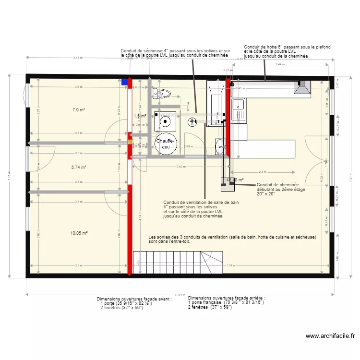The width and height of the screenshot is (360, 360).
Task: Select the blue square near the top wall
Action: tap(125, 82)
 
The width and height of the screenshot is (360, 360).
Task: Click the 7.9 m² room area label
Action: tap(79, 109)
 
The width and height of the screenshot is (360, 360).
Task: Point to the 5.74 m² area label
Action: tap(79, 167)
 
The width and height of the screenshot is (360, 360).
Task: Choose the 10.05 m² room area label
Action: tap(79, 233)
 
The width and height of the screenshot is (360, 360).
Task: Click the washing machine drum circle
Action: tap(165, 120)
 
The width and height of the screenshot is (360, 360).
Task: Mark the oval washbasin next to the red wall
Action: tap(220, 146)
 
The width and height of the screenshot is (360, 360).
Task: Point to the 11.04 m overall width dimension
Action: tap(180, 294)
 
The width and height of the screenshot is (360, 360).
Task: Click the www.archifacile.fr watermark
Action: tap(330, 336)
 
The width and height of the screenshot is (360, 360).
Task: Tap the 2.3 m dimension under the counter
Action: tap(262, 172)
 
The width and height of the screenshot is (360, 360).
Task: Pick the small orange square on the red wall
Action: tap(130, 142)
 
